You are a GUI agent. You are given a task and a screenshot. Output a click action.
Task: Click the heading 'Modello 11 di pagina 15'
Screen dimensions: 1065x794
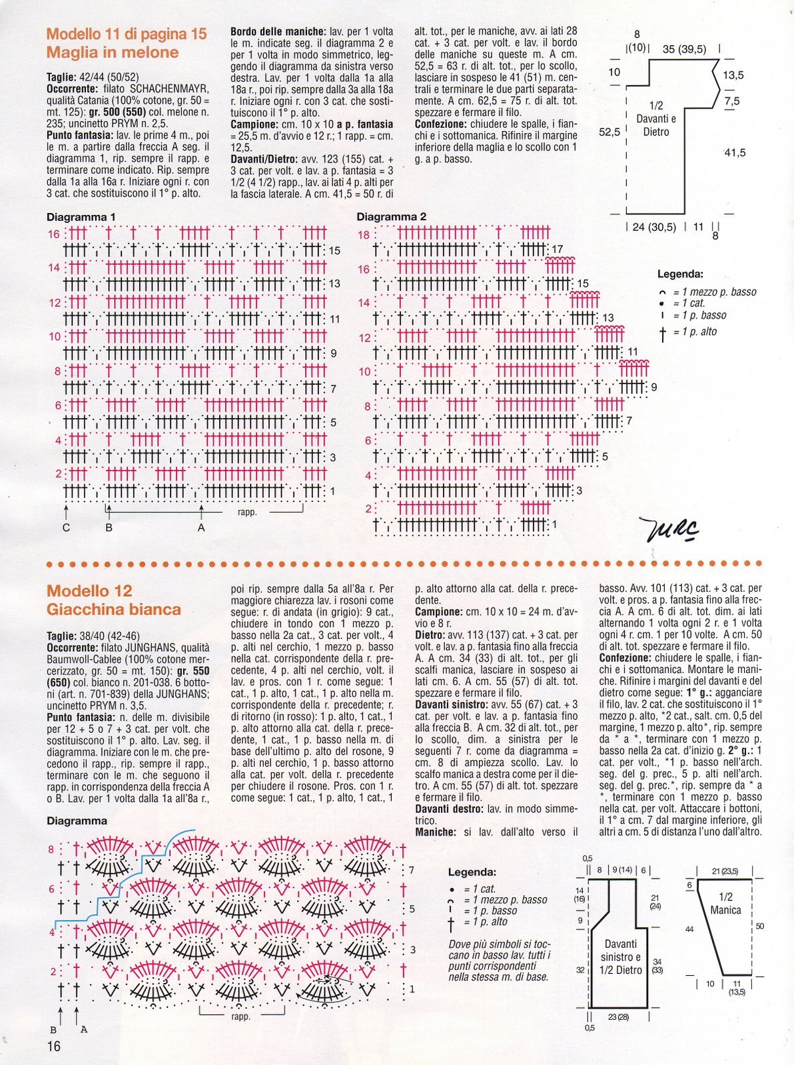point(127,34)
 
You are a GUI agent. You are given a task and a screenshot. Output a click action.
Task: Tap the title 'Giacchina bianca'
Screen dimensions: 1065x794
point(113,609)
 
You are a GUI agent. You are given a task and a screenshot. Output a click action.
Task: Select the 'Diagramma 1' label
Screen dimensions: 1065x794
point(81,217)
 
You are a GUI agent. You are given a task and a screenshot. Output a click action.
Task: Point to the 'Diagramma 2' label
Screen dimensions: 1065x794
point(391,217)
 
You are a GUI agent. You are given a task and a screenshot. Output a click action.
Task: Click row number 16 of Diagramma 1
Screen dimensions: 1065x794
point(53,234)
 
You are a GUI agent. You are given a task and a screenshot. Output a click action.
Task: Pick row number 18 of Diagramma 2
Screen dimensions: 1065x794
point(363,234)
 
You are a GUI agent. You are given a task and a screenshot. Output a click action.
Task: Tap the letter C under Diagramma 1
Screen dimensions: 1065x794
point(66,528)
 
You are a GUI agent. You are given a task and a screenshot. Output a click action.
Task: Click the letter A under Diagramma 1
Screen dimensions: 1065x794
point(201,528)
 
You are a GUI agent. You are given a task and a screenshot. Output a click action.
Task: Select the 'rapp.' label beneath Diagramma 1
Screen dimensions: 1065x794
point(247,513)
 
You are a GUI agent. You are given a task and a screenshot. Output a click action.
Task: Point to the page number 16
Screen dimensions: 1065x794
point(53,1046)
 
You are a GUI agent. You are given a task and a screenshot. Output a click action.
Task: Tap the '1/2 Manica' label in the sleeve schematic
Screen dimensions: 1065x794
point(725,903)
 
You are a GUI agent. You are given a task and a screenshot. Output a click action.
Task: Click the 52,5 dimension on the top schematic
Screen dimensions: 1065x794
point(609,132)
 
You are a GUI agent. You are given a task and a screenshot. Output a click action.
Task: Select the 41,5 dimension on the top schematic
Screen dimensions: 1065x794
point(735,153)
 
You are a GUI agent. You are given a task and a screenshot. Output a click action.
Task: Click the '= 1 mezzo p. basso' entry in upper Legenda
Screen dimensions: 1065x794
point(714,292)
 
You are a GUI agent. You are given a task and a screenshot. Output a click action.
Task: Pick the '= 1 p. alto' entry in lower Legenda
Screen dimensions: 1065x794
point(490,922)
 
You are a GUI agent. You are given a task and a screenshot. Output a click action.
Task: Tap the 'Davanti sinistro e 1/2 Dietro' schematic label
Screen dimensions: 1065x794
point(620,957)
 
